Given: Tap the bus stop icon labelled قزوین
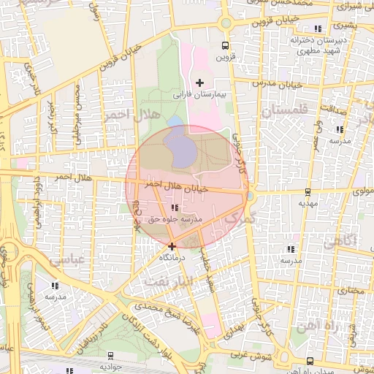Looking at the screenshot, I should coord(225,44).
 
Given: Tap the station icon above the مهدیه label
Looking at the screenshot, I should coord(308,193).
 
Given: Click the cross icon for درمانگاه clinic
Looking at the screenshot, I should coord(172,246).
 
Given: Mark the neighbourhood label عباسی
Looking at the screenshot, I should coord(64,259).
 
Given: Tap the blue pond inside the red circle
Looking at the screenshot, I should coord(180,145).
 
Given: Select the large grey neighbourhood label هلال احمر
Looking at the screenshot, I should coord(127,115).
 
